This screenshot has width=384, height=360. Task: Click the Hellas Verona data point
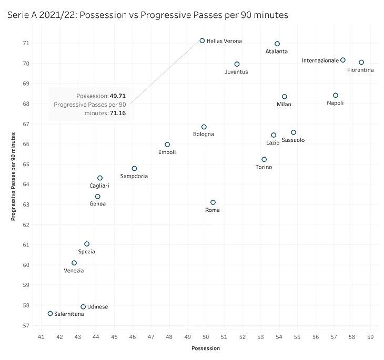click(202, 40)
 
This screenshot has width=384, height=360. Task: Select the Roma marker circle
click(213, 202)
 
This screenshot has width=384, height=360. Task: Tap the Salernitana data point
click(50, 313)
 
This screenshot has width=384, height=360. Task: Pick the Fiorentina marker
click(361, 63)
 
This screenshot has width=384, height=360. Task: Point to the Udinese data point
click(83, 306)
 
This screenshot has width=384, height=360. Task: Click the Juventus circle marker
click(237, 64)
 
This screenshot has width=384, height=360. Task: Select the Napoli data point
click(336, 95)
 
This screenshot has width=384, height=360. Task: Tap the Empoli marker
click(167, 145)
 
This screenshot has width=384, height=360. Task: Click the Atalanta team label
click(277, 52)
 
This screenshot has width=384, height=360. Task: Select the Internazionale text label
click(320, 60)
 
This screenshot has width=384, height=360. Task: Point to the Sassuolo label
click(293, 140)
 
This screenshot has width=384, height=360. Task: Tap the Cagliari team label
click(99, 186)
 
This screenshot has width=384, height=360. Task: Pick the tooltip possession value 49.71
click(117, 96)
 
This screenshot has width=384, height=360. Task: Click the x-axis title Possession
click(206, 348)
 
